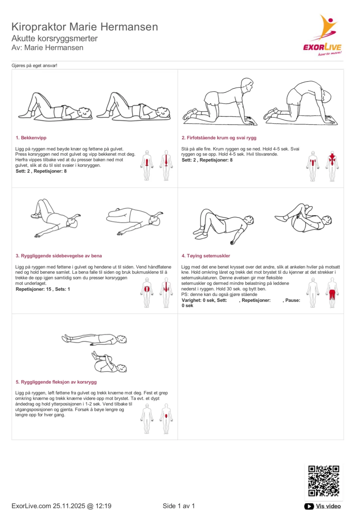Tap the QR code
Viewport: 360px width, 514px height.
tap(323, 481)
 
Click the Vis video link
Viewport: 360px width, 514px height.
tap(328, 506)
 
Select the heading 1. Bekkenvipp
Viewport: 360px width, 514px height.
tap(31, 138)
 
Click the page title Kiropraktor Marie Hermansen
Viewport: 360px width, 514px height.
tap(85, 26)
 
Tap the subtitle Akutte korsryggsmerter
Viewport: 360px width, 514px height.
tap(55, 38)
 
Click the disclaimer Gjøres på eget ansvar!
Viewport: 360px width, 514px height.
tap(34, 65)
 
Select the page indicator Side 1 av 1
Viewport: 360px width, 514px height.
tap(179, 506)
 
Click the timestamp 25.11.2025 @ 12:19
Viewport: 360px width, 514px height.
tap(82, 506)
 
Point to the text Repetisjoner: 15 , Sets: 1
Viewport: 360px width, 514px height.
tap(43, 289)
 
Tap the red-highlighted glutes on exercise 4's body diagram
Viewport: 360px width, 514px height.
tap(332, 294)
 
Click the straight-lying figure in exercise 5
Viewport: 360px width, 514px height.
tap(94, 339)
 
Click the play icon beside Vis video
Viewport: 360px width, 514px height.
tap(309, 506)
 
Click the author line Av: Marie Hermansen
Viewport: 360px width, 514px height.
tap(47, 48)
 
